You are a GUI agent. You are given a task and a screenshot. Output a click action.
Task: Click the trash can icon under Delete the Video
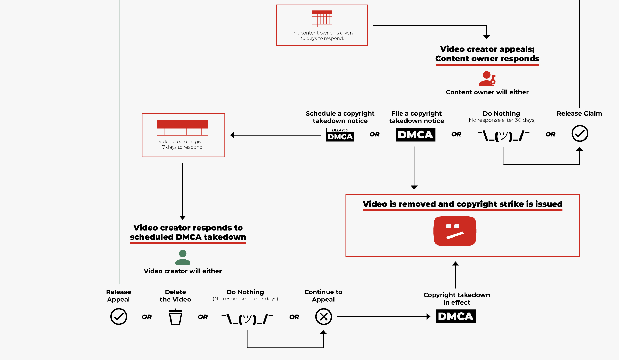175,317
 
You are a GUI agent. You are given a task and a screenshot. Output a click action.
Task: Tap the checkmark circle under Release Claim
580,134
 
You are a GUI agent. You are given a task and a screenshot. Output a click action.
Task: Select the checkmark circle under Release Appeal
119,317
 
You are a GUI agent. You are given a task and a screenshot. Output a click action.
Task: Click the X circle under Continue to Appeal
323,317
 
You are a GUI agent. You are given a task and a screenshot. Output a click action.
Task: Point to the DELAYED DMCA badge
340,135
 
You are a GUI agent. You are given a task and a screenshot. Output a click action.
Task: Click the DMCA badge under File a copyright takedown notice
415,135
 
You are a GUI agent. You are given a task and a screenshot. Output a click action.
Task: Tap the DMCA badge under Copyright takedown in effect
455,316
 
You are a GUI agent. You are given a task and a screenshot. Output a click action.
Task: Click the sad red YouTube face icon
455,231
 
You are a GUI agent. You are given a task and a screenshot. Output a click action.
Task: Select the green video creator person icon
183,257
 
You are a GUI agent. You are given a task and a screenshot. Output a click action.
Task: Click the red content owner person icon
487,79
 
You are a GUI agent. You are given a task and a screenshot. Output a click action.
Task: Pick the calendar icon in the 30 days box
322,19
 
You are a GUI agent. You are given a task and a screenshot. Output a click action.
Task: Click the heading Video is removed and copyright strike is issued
462,204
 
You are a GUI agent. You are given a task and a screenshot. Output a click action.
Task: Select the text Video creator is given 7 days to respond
183,144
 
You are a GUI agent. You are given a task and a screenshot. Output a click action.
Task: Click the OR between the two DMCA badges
374,134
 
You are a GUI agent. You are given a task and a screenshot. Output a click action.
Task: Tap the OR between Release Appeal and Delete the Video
147,317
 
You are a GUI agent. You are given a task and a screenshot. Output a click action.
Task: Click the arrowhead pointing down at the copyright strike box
414,187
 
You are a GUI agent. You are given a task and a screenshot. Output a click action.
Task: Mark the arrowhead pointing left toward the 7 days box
232,135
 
